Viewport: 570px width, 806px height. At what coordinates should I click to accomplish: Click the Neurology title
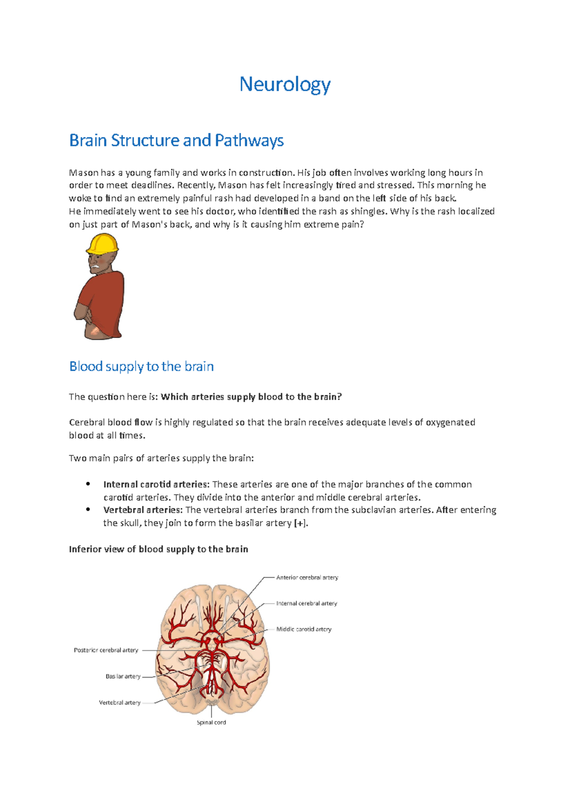pos(285,84)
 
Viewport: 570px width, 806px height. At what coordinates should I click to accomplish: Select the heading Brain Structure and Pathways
pos(176,141)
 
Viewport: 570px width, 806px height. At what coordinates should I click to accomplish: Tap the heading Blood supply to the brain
pos(141,366)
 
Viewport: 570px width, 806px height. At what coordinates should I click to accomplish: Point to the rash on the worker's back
pos(95,330)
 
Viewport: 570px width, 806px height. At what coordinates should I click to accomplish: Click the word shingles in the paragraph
pos(368,211)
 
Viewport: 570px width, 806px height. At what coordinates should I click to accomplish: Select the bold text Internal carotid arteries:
pos(156,484)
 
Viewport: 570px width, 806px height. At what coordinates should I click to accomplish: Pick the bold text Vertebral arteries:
pos(143,510)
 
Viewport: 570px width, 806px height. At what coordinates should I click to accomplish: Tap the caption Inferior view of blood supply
pos(158,549)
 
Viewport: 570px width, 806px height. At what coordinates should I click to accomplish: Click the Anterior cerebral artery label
pos(307,578)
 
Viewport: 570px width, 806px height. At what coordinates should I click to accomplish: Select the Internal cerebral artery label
pos(306,603)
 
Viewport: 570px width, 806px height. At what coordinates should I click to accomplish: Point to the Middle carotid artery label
pos(304,629)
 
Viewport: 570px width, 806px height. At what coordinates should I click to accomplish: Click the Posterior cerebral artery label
pos(106,650)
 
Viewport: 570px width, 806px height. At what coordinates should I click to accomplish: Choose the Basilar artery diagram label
pos(123,676)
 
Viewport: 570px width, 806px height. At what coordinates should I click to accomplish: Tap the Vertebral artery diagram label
pos(120,703)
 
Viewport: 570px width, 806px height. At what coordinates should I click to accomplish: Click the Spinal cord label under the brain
pos(211,722)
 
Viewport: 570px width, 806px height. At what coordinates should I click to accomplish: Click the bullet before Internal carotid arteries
pos(88,484)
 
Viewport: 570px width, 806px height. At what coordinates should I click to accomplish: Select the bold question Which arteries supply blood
pos(251,397)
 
